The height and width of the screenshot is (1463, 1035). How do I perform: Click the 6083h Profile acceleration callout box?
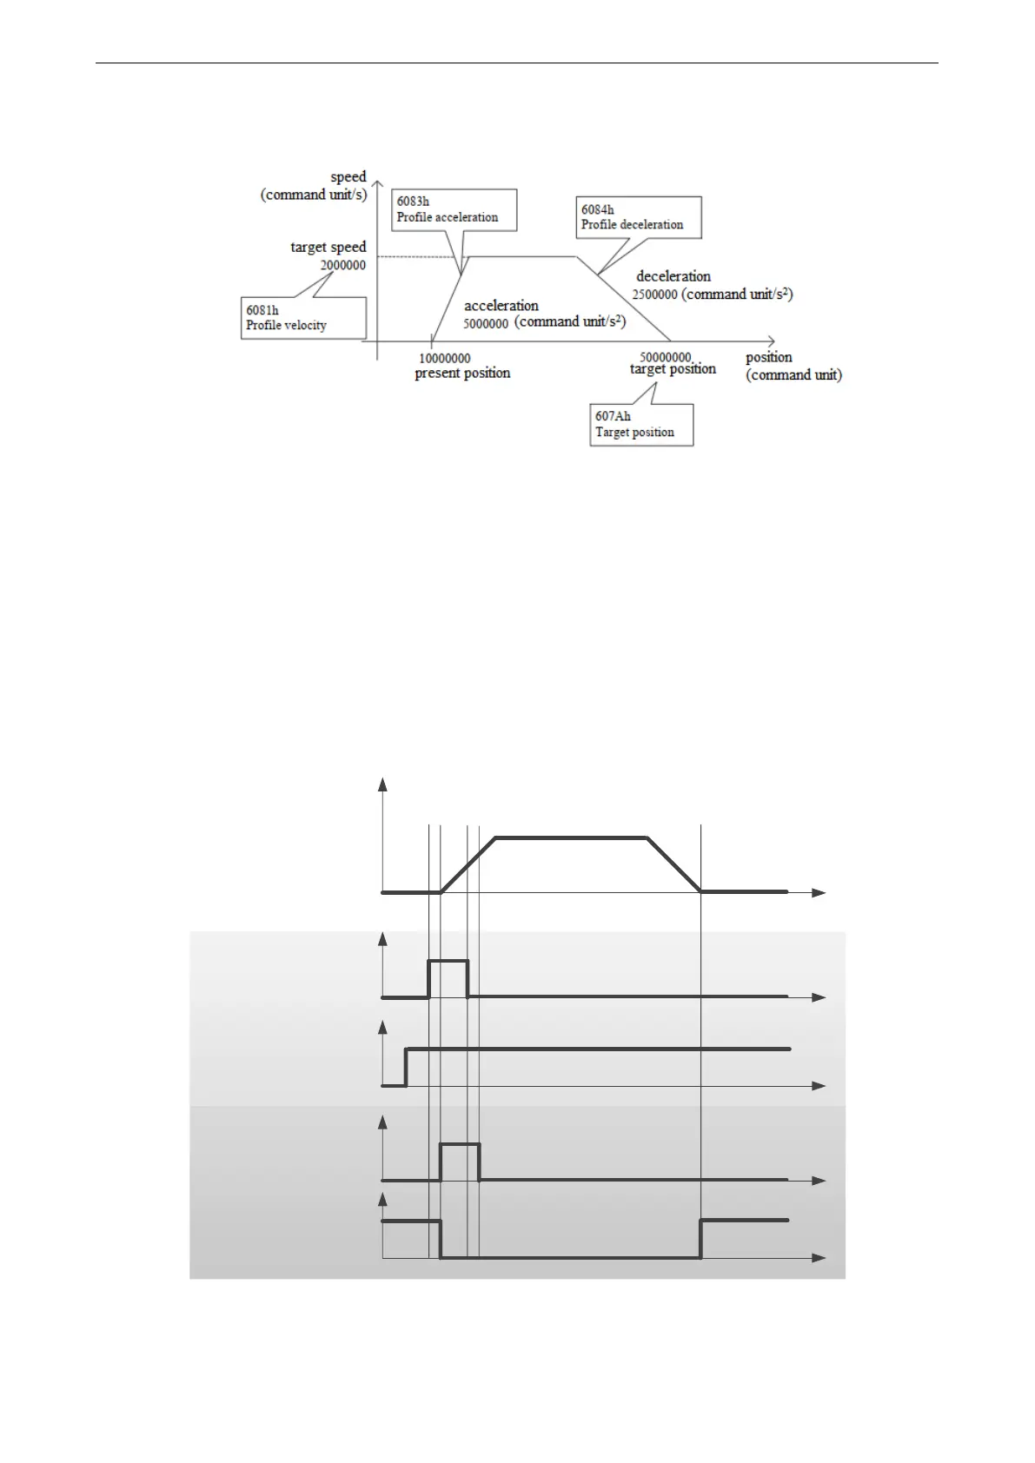pyautogui.click(x=454, y=209)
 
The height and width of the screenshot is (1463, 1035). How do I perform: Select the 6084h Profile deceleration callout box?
pyautogui.click(x=639, y=217)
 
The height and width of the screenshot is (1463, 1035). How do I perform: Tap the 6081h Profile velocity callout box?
pyautogui.click(x=302, y=318)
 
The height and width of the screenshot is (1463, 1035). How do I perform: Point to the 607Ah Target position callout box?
pyautogui.click(x=640, y=425)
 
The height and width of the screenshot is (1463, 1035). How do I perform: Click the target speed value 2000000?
pyautogui.click(x=342, y=265)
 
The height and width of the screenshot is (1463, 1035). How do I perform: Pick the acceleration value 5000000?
pyautogui.click(x=486, y=323)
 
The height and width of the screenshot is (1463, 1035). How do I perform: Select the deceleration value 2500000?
pyautogui.click(x=654, y=295)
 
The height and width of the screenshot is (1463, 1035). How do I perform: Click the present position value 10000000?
pyautogui.click(x=444, y=358)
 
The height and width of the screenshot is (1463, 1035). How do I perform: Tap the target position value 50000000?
pyautogui.click(x=666, y=357)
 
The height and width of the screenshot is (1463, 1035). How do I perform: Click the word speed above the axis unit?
pyautogui.click(x=348, y=177)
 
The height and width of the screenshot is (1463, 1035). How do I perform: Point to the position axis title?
pyautogui.click(x=768, y=357)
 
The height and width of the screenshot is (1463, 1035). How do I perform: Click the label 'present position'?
pyautogui.click(x=462, y=374)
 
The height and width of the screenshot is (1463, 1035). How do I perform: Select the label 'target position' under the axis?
pyautogui.click(x=673, y=369)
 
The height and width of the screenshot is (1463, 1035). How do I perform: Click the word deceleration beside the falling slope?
pyautogui.click(x=673, y=276)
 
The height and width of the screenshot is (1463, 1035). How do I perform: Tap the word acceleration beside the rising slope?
pyautogui.click(x=501, y=305)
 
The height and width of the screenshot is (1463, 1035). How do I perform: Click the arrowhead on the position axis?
pyautogui.click(x=771, y=341)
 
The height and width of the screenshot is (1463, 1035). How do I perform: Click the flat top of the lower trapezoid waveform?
pyautogui.click(x=571, y=837)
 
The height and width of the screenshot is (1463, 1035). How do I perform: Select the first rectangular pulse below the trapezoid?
pyautogui.click(x=448, y=961)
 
